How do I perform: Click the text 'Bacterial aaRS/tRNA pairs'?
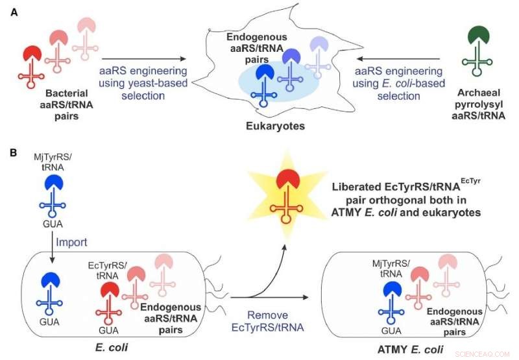click(52, 103)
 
